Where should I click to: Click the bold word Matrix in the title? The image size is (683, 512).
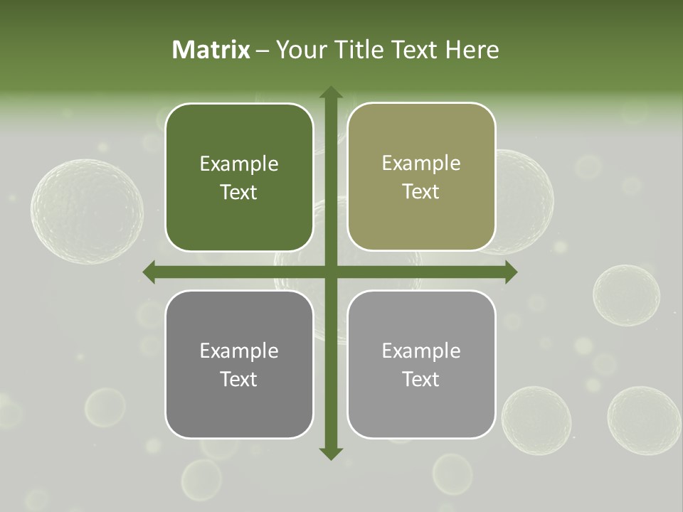[211, 50]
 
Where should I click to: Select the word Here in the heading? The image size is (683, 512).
[472, 50]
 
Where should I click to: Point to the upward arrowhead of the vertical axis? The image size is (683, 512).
[331, 92]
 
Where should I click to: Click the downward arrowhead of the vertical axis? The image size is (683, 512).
[331, 453]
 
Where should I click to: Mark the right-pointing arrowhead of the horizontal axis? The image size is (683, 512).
[510, 272]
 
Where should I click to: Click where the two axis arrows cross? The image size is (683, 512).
[331, 272]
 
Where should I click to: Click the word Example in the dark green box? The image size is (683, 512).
[239, 164]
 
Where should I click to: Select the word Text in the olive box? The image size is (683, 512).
[421, 192]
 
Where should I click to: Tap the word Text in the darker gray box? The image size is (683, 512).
[239, 379]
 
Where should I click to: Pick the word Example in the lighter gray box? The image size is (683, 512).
[421, 351]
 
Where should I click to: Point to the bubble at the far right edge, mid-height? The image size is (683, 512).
[626, 295]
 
